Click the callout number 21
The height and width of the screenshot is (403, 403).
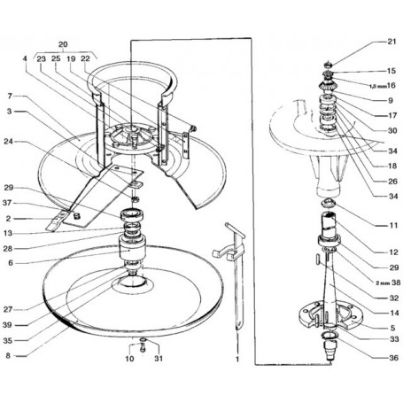coord(391,42)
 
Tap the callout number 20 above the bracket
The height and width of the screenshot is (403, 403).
coord(63,44)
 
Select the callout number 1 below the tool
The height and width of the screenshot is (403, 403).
coord(237,359)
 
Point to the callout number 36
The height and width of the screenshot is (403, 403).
coord(393,358)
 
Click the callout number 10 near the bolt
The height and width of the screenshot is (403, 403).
coord(129,359)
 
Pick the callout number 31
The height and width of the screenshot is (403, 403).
coord(159,359)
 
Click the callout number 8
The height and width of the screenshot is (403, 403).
coord(8,356)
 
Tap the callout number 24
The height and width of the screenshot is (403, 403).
coord(8,142)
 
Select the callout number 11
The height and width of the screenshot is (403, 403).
coord(394,226)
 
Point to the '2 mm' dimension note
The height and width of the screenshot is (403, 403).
coord(383,283)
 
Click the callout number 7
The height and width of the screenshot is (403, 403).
coord(10,97)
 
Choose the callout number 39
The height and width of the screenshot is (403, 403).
coord(7,325)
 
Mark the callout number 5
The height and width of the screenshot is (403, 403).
coord(392,328)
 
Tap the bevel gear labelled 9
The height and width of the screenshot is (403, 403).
coord(327,86)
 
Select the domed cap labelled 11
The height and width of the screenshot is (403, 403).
coord(328,204)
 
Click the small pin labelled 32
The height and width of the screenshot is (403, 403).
coord(316,260)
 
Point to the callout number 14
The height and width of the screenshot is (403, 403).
coord(394,313)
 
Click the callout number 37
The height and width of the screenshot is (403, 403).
coord(7,203)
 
